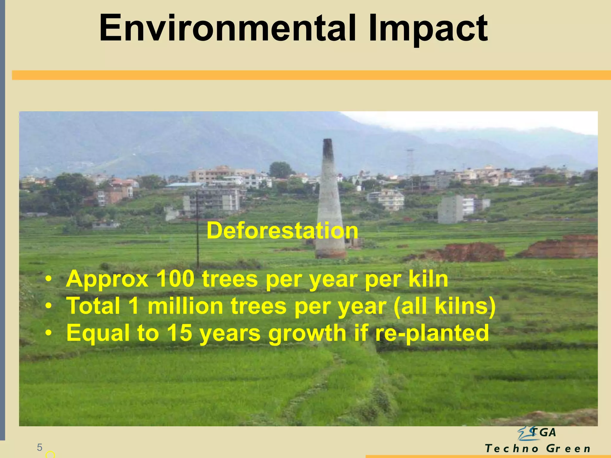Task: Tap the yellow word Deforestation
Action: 282,230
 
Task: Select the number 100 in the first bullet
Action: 175,279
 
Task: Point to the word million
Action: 185,306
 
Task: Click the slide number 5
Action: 39,447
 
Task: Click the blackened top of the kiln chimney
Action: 328,148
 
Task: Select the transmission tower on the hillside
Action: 410,163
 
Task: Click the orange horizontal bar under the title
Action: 310,75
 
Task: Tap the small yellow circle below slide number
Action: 50,455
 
